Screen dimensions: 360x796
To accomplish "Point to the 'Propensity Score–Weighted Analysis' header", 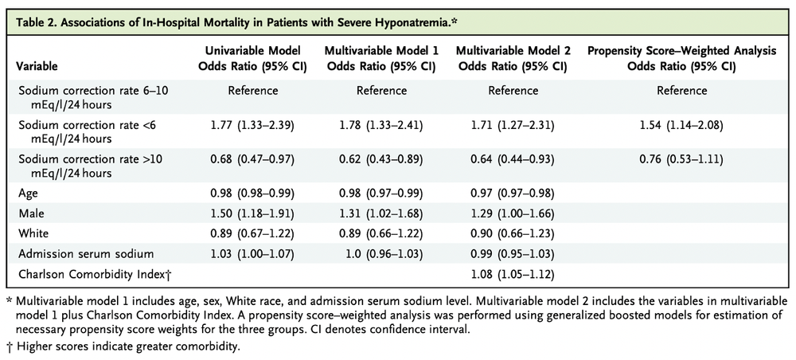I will click(x=681, y=59).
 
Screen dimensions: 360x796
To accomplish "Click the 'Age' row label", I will click(x=29, y=192).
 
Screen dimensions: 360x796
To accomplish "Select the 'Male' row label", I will click(x=32, y=213).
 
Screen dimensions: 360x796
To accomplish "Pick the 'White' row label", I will click(x=34, y=233).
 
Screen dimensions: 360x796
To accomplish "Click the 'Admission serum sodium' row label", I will click(x=79, y=253).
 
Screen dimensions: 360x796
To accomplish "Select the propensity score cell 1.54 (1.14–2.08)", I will click(x=681, y=125).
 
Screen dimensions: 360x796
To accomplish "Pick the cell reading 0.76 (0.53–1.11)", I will click(x=681, y=158).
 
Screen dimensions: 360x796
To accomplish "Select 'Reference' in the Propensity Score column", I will click(x=681, y=91).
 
